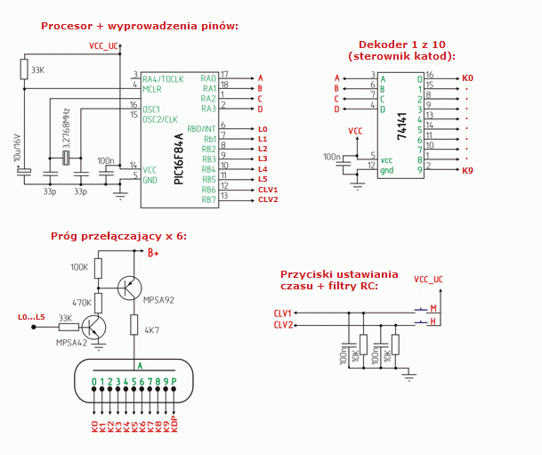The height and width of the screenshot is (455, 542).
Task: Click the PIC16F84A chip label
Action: coord(180,159)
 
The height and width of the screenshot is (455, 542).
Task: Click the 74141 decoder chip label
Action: coord(401,128)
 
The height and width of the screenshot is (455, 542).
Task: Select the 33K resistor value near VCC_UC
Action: coord(37,69)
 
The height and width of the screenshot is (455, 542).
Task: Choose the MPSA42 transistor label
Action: coord(72,342)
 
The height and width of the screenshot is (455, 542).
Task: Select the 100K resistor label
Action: coord(80,266)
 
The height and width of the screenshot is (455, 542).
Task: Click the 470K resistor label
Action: coord(81,302)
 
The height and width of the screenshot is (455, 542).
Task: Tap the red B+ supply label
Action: coord(153,253)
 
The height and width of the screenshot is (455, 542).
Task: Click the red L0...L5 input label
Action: coord(31,317)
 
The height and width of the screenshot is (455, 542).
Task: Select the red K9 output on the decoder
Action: coord(467,169)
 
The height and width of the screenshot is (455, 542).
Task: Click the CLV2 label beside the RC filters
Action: coord(283,325)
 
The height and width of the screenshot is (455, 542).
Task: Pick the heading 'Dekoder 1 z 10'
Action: coord(401,44)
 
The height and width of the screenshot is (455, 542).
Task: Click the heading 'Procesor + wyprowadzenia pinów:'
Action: coord(140,25)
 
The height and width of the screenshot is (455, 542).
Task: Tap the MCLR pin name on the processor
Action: coord(152,89)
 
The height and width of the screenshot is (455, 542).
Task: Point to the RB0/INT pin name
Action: coord(202,128)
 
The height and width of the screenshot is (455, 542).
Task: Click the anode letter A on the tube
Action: coord(139,365)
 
